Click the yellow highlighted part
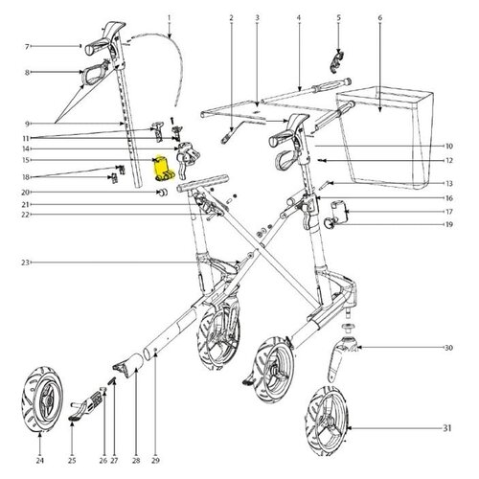click(163, 168)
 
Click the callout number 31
click(447, 427)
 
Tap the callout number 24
click(39, 460)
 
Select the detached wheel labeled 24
click(42, 399)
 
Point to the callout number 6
click(380, 18)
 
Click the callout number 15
click(26, 160)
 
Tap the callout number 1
click(170, 17)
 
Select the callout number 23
click(26, 262)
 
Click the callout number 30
click(448, 348)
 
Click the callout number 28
click(136, 460)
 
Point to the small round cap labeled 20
click(163, 193)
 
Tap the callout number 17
click(449, 212)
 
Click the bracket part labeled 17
click(340, 211)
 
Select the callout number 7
click(27, 47)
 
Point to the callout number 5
click(339, 18)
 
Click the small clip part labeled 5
click(336, 60)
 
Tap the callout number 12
click(449, 160)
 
